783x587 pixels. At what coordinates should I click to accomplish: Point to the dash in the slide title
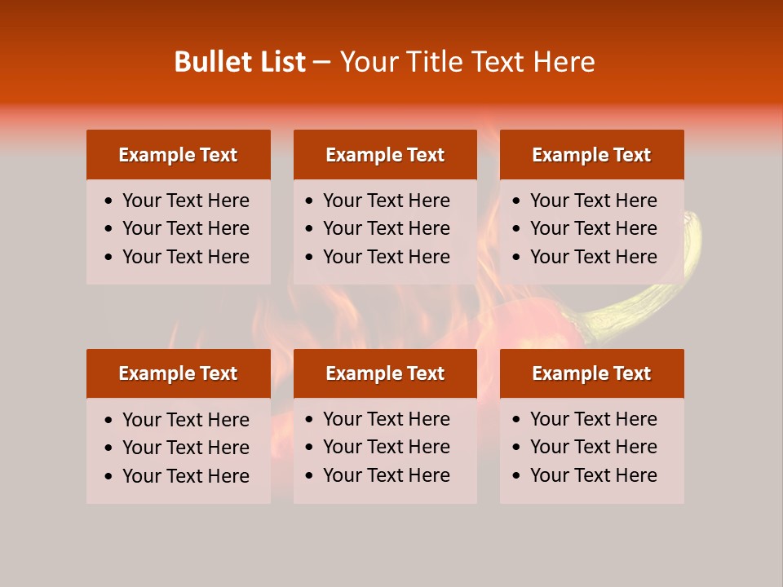[322, 63]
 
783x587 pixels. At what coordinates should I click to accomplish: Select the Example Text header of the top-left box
[178, 155]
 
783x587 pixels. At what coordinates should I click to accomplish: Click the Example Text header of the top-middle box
[385, 155]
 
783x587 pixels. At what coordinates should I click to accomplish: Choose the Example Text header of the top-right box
[591, 155]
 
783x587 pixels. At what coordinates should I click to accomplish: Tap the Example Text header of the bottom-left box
[178, 373]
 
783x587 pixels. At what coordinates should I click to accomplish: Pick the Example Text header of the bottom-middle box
[385, 373]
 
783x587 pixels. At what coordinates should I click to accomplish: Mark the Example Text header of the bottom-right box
[591, 373]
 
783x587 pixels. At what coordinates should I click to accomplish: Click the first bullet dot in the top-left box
[109, 201]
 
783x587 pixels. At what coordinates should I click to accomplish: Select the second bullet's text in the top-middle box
[386, 228]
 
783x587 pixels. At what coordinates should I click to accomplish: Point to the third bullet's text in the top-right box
[593, 257]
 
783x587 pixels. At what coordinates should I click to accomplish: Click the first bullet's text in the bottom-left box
[185, 420]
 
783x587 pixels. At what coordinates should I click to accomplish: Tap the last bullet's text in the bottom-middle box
[386, 475]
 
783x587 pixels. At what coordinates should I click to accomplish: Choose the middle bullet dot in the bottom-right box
[517, 448]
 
